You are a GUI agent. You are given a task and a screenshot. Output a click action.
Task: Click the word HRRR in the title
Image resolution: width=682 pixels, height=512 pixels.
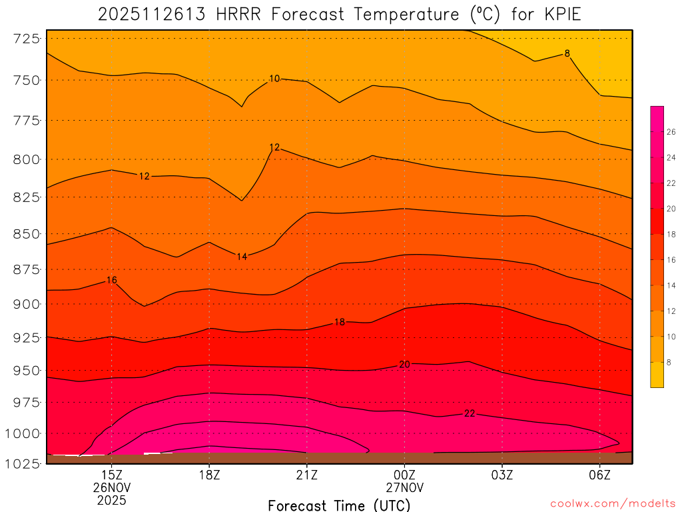(x=241, y=14)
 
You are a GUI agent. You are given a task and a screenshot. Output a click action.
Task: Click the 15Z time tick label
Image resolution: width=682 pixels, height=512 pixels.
(x=111, y=475)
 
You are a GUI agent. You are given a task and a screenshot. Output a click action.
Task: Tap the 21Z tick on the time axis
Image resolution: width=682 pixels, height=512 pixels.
(x=306, y=475)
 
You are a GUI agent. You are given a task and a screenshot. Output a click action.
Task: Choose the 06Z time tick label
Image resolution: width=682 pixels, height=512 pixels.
(x=599, y=475)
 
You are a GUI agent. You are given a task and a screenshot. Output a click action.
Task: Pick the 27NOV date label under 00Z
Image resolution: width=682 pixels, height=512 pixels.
(x=404, y=487)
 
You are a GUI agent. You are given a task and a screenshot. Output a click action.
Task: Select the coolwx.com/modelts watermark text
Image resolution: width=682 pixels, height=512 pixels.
(x=612, y=503)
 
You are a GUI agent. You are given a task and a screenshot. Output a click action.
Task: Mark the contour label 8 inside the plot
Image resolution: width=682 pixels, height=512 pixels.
(x=567, y=53)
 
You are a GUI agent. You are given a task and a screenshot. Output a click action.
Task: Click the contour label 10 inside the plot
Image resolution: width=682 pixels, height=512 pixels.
(x=274, y=79)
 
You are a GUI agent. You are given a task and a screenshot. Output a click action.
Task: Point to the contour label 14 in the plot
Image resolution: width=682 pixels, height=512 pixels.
(x=242, y=257)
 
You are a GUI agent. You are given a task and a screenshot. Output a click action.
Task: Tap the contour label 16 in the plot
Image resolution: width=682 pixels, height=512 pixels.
(x=111, y=280)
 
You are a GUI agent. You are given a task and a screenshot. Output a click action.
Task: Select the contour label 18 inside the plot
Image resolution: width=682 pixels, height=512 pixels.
(x=339, y=322)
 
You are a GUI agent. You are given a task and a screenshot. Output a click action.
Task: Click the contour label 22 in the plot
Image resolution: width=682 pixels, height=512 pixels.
(x=470, y=413)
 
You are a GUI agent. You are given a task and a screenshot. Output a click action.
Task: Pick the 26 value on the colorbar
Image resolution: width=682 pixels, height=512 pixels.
(x=671, y=132)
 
